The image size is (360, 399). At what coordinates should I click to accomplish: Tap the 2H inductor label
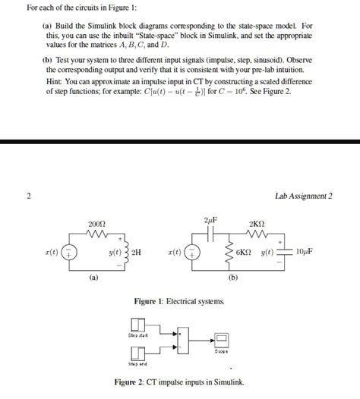[x=137, y=252]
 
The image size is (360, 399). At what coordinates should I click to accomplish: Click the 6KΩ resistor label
[x=244, y=252]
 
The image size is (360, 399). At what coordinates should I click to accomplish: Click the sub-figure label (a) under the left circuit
[x=92, y=278]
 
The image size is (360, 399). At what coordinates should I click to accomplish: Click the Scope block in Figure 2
[x=221, y=339]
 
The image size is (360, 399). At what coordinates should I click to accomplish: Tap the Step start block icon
[x=138, y=325]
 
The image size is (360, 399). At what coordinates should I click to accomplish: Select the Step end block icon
[x=138, y=353]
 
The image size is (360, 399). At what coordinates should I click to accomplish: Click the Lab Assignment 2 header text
[x=304, y=196]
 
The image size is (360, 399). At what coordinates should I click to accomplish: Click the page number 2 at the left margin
[x=28, y=196]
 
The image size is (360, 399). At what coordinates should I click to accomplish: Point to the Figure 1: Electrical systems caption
[x=179, y=301]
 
